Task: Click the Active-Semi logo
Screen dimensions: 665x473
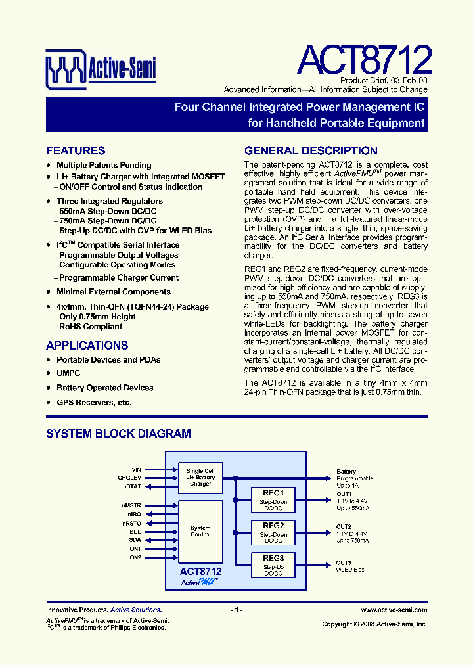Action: pos(100,68)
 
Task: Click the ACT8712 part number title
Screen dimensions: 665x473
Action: pos(364,60)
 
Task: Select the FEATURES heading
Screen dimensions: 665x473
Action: pos(76,150)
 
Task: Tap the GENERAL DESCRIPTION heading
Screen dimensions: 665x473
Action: pos(311,150)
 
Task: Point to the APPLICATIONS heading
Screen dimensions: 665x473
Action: pos(87,346)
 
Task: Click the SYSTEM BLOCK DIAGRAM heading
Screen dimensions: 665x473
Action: pos(118,434)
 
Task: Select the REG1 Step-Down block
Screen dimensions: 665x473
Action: pos(273,500)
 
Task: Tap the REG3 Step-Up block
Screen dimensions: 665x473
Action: pos(273,564)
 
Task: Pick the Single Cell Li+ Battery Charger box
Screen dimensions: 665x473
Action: pos(200,477)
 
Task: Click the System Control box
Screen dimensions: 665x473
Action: pos(200,531)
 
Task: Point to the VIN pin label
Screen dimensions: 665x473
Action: pos(136,470)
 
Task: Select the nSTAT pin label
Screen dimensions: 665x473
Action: pos(132,486)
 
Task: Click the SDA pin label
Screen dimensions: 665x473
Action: pos(135,539)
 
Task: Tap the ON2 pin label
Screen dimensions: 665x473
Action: pos(135,557)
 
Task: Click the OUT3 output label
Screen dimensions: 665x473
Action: pos(344,562)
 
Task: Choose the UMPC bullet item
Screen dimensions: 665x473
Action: pos(68,373)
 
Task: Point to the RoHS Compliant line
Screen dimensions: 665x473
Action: pos(91,327)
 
